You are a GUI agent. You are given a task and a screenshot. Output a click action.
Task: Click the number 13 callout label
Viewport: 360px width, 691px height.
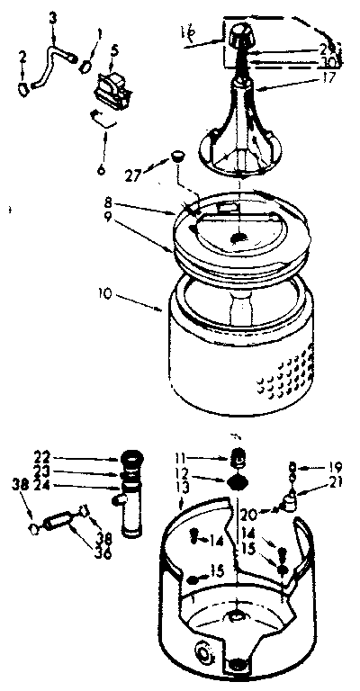coord(184,512)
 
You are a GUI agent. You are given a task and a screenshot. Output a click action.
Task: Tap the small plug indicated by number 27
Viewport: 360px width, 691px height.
coord(178,158)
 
